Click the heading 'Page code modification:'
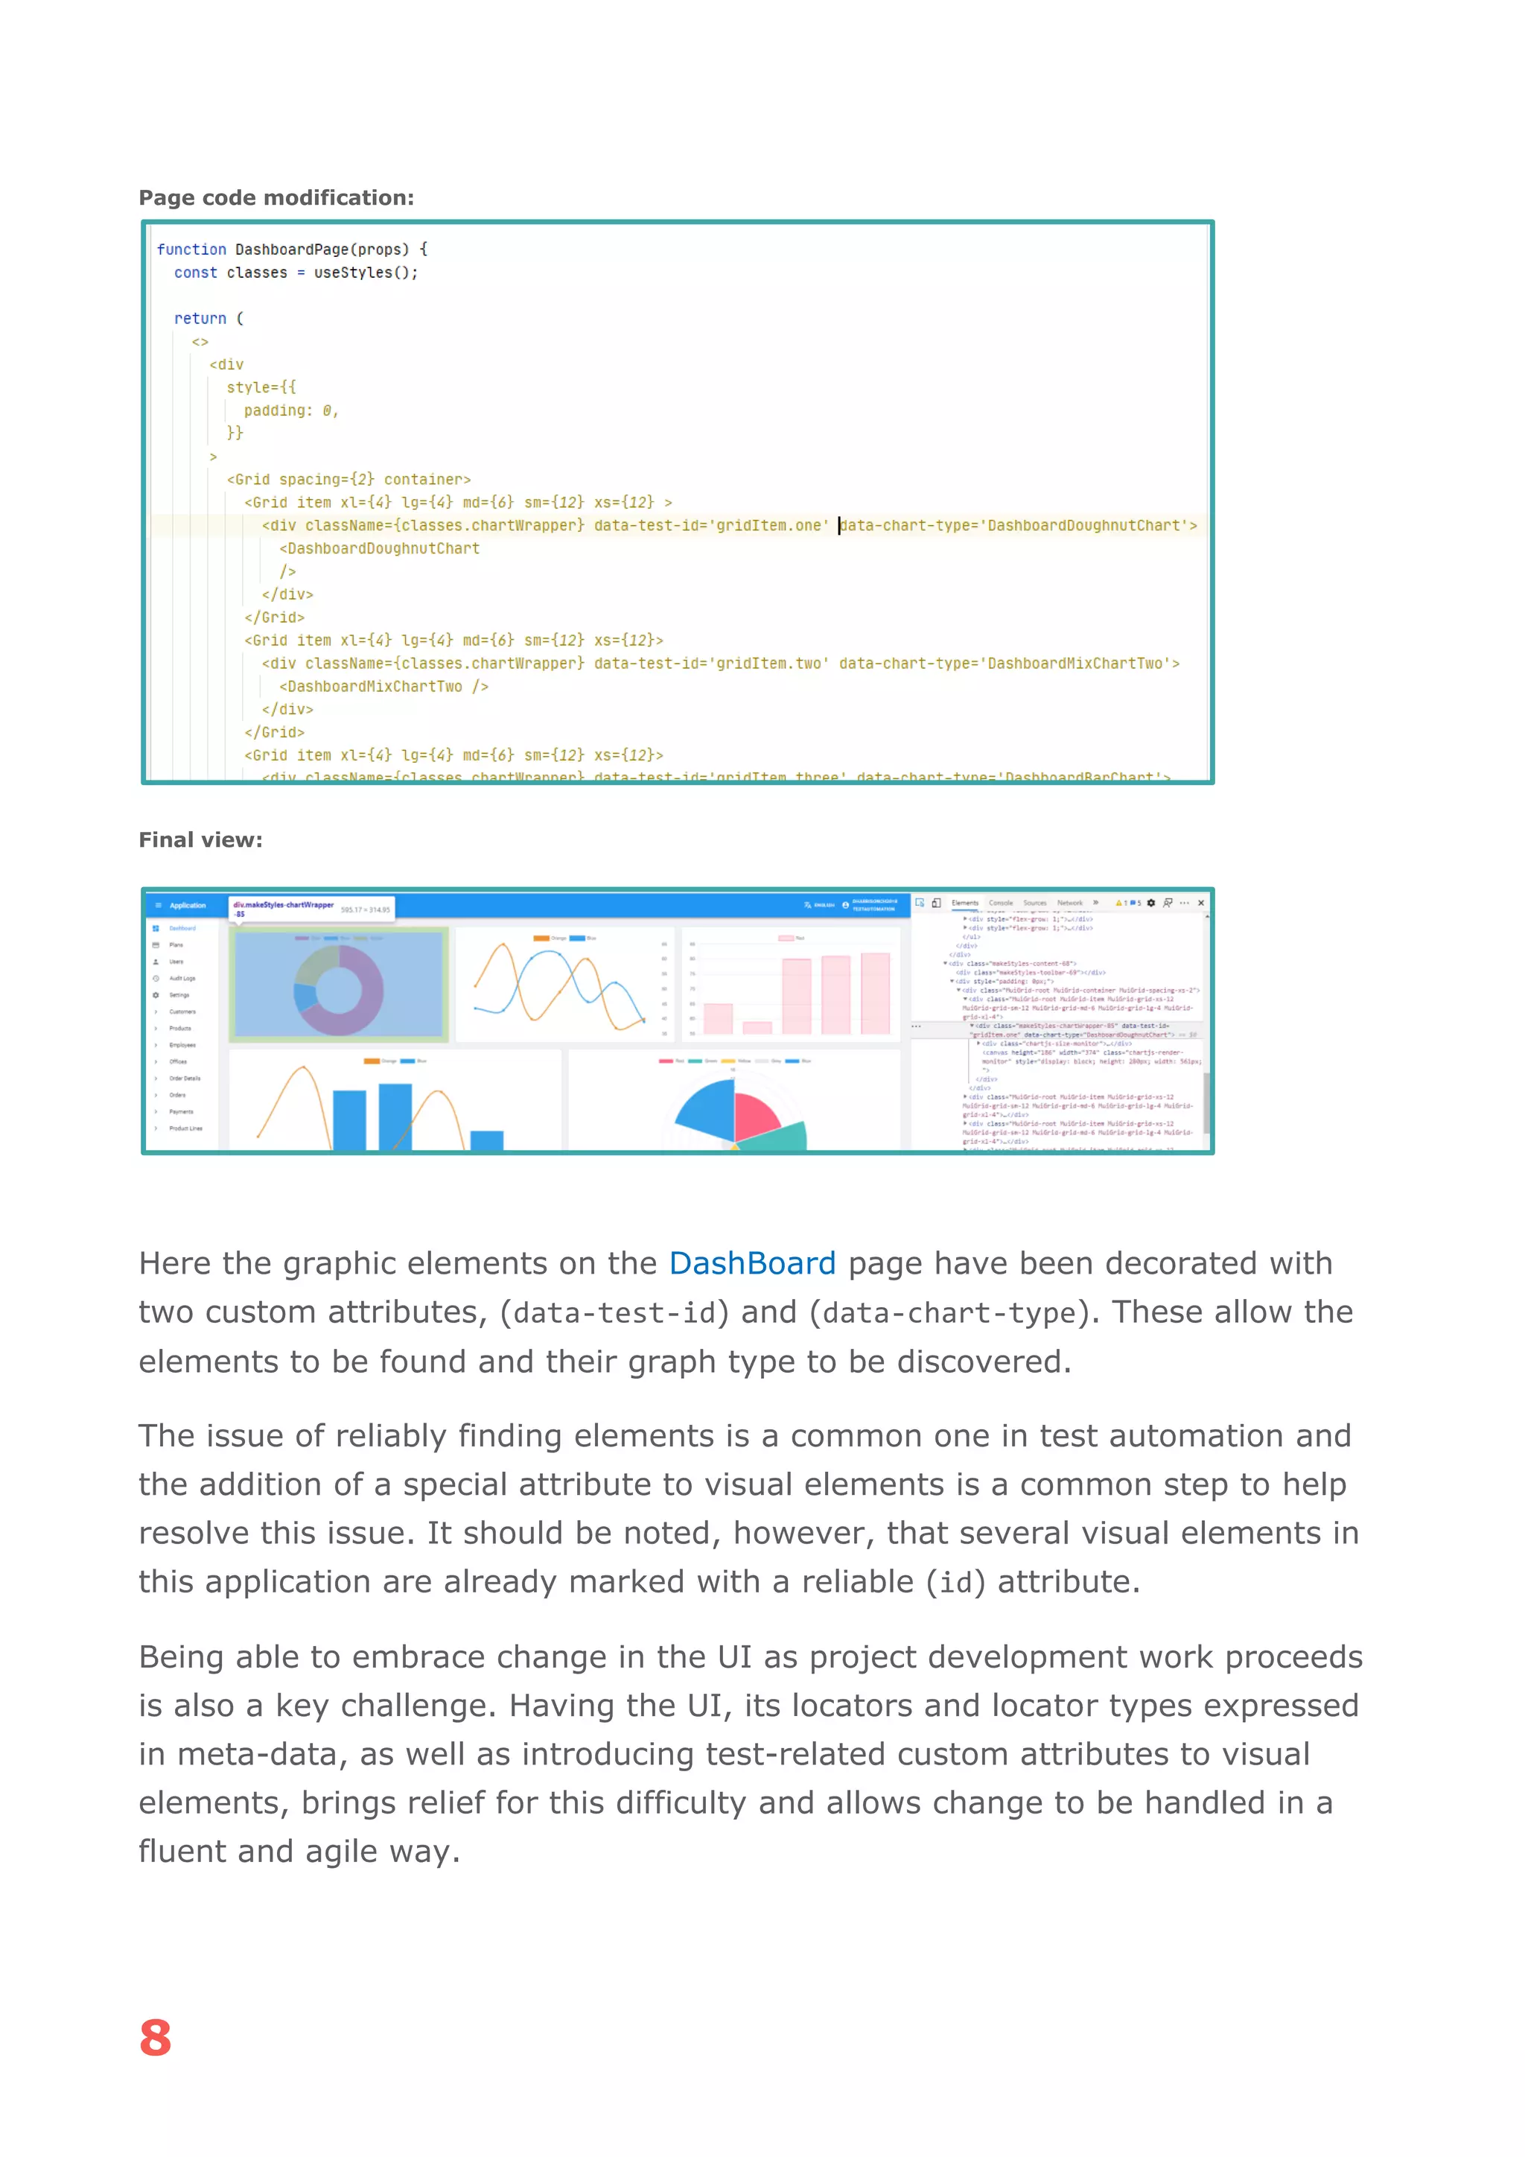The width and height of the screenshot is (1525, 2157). click(x=276, y=197)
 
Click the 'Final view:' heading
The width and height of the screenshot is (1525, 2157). click(x=200, y=840)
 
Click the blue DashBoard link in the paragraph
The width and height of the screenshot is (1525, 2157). click(x=751, y=1263)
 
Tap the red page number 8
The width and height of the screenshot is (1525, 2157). click(x=156, y=2038)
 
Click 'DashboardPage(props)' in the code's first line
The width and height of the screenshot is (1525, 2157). click(x=321, y=249)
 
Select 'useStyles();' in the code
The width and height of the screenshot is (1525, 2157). click(x=366, y=273)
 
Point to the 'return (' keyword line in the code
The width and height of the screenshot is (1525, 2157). click(x=208, y=319)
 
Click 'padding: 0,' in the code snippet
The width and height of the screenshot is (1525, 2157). click(x=290, y=410)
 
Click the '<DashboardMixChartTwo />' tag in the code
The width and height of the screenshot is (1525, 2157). click(x=383, y=687)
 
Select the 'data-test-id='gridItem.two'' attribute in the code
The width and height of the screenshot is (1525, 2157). click(x=711, y=663)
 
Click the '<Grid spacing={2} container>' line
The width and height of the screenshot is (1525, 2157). click(x=348, y=479)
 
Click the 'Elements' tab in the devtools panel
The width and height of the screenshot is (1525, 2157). click(x=964, y=903)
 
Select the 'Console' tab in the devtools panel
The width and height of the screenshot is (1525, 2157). click(x=1001, y=903)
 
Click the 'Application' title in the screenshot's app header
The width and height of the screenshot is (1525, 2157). click(x=188, y=906)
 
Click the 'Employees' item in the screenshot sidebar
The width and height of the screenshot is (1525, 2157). click(x=182, y=1045)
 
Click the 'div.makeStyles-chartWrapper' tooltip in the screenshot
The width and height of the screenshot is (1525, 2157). click(x=283, y=905)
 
